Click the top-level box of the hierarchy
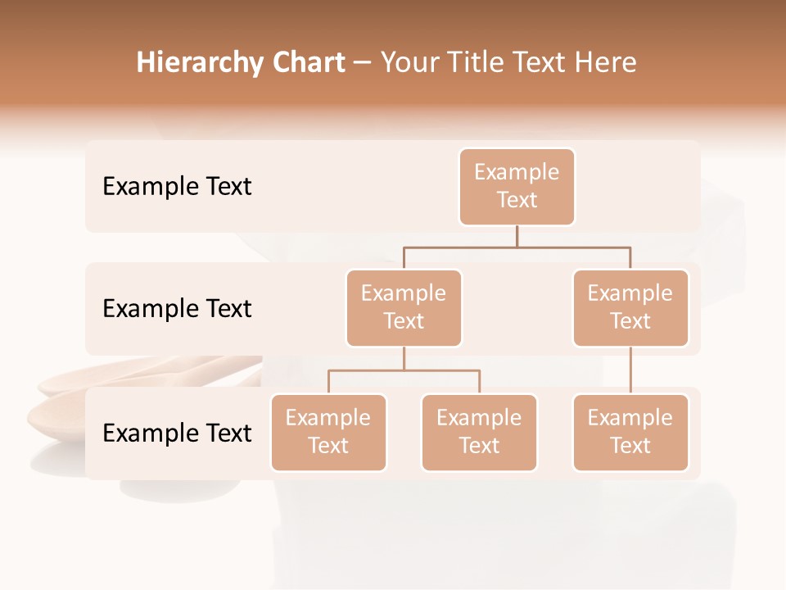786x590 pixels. pyautogui.click(x=517, y=187)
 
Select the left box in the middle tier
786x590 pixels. pyautogui.click(x=404, y=307)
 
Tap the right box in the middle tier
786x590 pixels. pyautogui.click(x=630, y=307)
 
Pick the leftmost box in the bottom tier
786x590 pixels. pyautogui.click(x=328, y=432)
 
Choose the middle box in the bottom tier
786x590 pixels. pyautogui.click(x=479, y=432)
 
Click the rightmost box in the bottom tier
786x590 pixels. pyautogui.click(x=630, y=432)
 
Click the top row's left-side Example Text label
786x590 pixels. pyautogui.click(x=177, y=187)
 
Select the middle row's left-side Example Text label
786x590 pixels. pyautogui.click(x=177, y=309)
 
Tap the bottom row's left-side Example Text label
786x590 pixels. pyautogui.click(x=177, y=433)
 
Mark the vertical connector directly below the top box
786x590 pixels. pyautogui.click(x=517, y=236)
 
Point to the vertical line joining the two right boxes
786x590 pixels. pyautogui.click(x=630, y=370)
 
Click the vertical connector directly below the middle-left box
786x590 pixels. pyautogui.click(x=404, y=358)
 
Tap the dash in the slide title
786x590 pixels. pyautogui.click(x=363, y=63)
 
